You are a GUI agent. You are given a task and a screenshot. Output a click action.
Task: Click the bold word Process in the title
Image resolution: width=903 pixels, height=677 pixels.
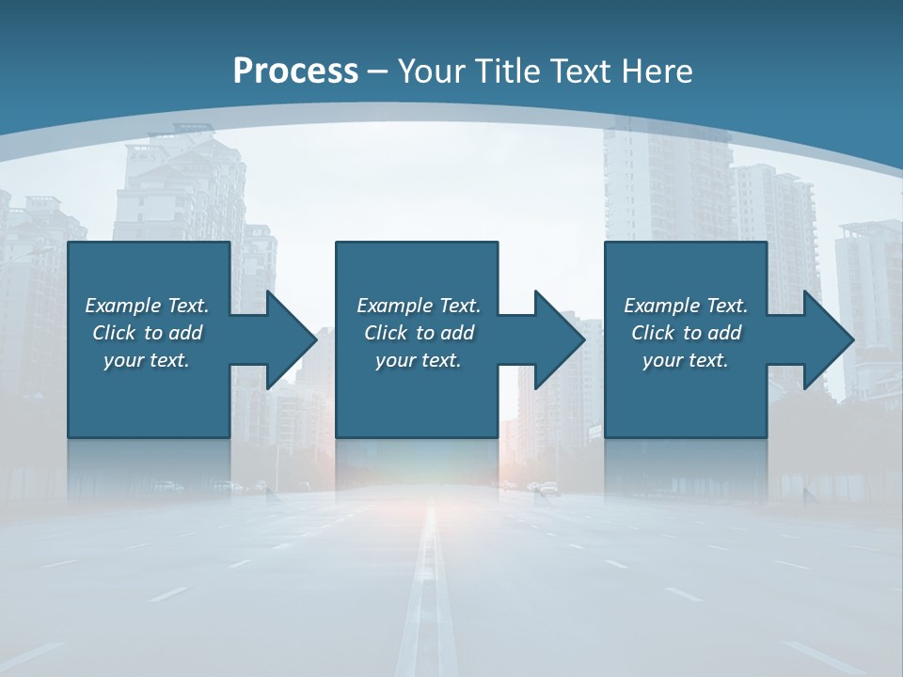pos(295,71)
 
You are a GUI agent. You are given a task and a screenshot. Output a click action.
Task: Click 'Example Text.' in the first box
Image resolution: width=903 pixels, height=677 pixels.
pos(147,306)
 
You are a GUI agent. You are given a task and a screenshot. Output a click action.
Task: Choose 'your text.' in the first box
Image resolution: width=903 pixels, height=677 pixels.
pos(147,360)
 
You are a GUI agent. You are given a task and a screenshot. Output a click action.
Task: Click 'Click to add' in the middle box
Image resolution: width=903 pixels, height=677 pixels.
pos(419,333)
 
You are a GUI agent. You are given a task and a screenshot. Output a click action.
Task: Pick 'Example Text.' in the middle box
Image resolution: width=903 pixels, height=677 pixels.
pos(419,306)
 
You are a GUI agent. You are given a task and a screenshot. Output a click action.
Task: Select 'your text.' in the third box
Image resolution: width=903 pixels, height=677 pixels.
pos(686,360)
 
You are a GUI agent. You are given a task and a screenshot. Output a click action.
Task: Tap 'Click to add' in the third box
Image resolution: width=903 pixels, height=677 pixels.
pos(686,333)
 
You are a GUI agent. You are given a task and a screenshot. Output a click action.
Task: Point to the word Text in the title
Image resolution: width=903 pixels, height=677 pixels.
pos(582,71)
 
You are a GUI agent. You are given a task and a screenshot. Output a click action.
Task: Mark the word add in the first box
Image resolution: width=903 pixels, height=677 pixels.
pos(185,333)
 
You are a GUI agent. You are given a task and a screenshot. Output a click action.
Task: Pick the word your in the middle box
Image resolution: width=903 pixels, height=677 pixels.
pos(395,360)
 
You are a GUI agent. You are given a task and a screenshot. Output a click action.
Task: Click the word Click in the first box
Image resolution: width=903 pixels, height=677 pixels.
pos(114,333)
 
